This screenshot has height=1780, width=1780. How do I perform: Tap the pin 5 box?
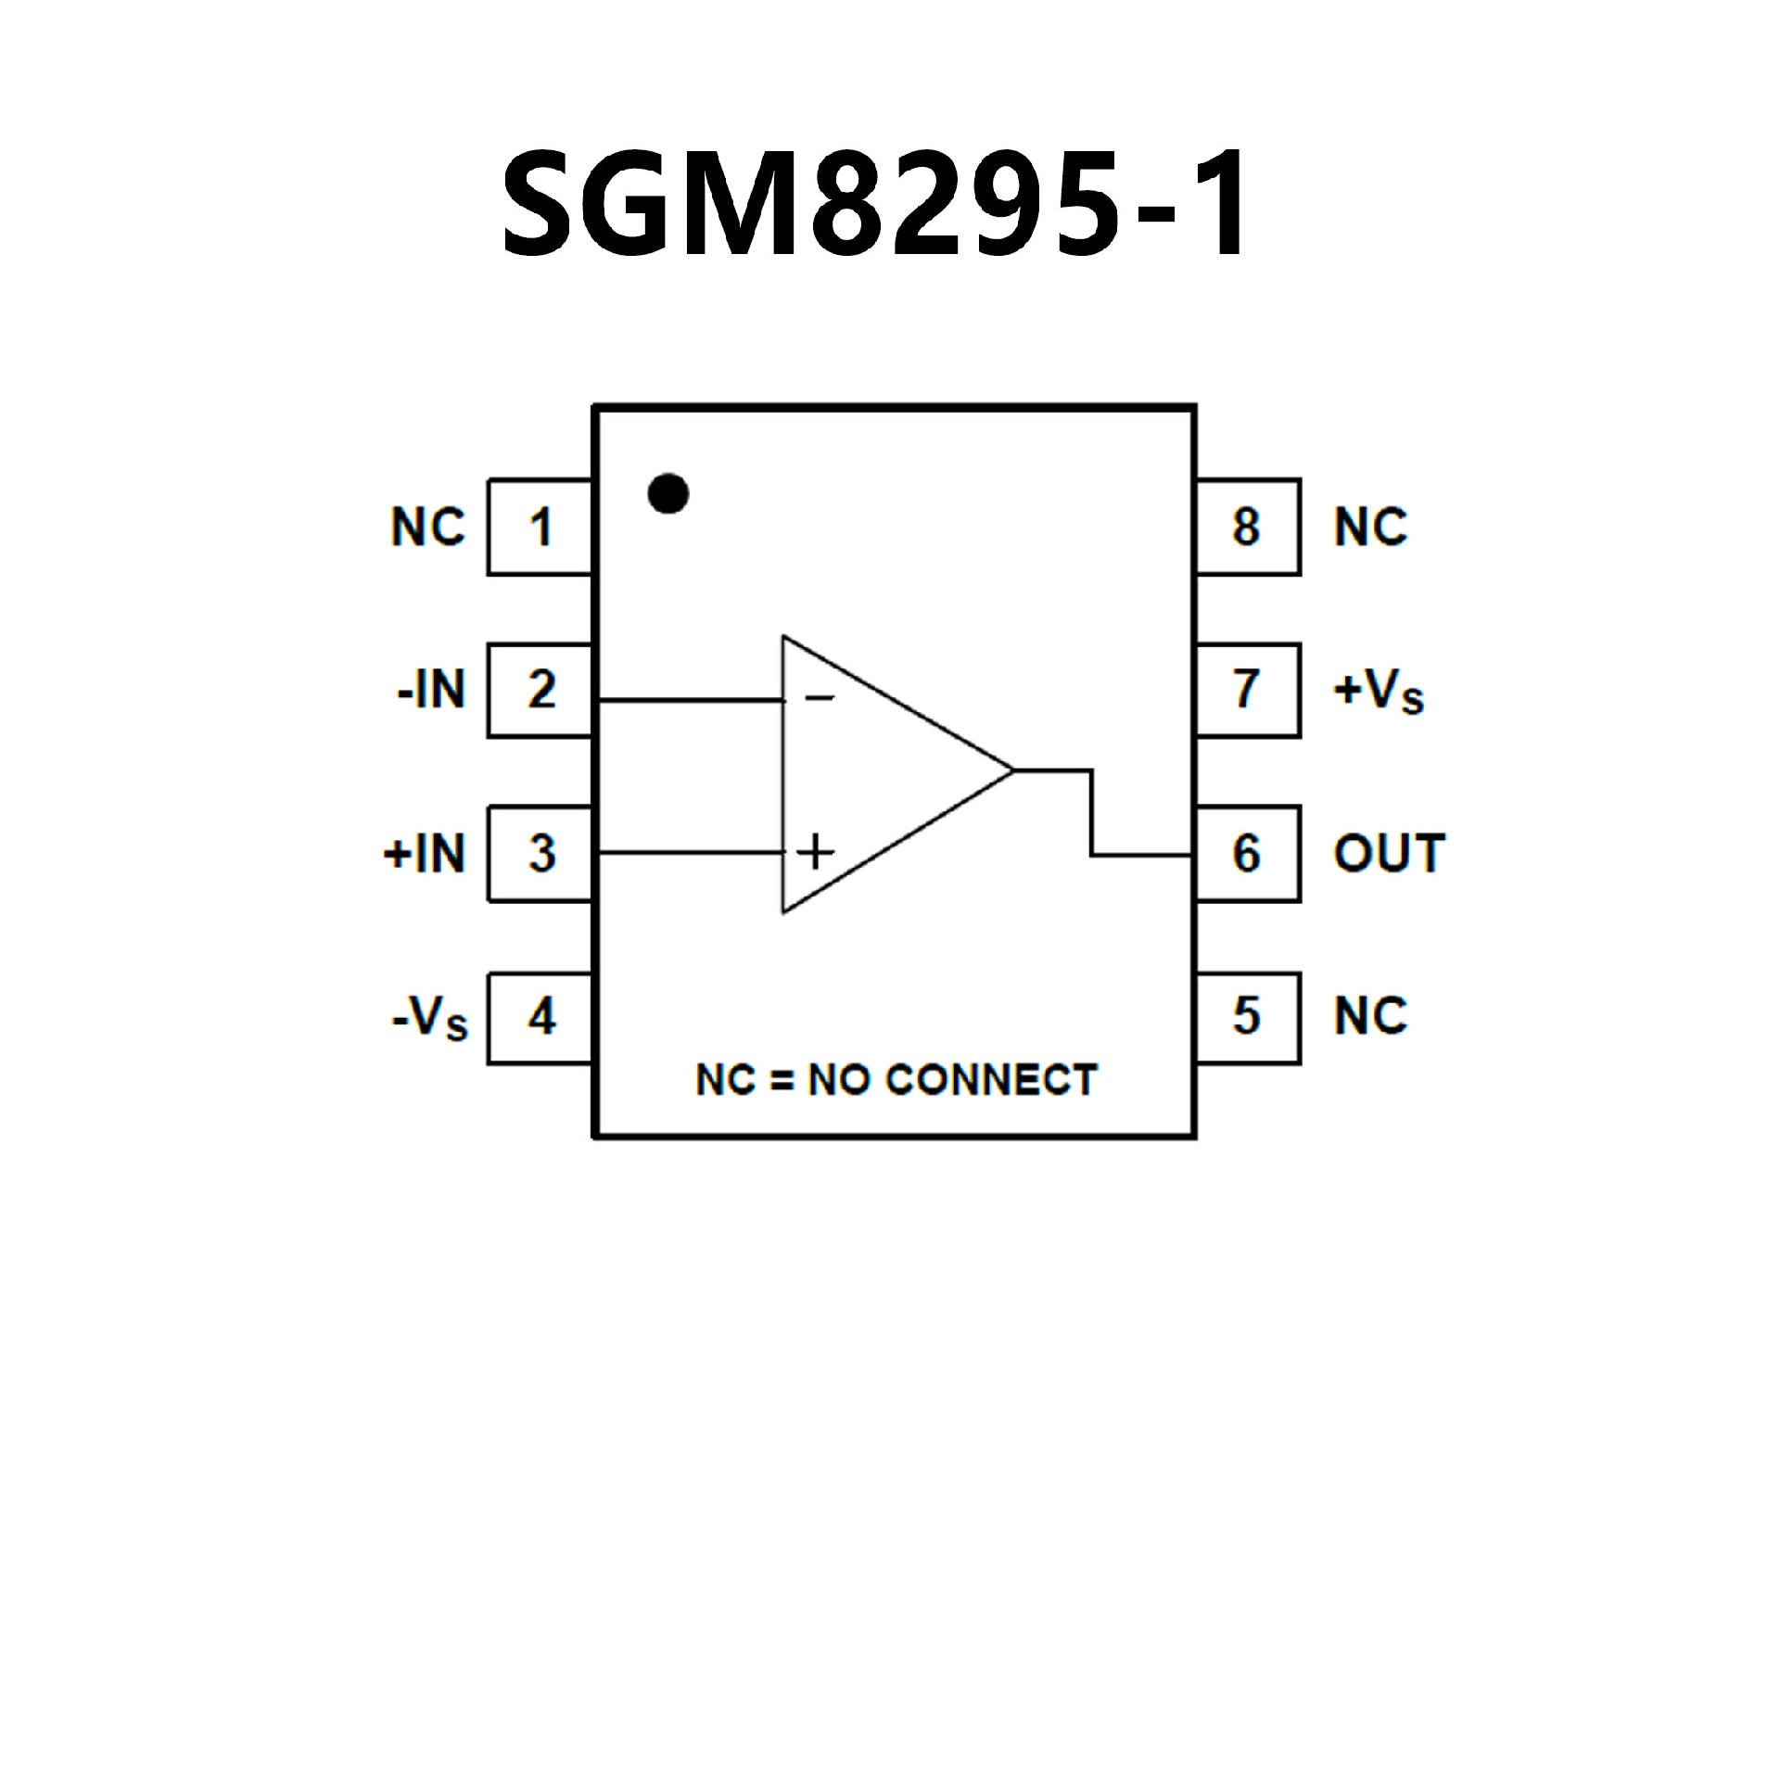pyautogui.click(x=1247, y=1017)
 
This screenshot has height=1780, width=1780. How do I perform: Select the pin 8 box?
pyautogui.click(x=1247, y=528)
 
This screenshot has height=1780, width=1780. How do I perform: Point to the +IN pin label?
pyautogui.click(x=425, y=854)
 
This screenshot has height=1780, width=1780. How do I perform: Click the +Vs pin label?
pyautogui.click(x=1378, y=693)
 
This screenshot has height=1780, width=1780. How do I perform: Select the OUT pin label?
pyautogui.click(x=1389, y=854)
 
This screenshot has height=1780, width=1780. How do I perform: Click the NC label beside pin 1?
pyautogui.click(x=428, y=528)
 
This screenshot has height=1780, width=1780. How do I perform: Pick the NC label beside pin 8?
pyautogui.click(x=1370, y=528)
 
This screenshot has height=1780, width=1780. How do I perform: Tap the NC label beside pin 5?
pyautogui.click(x=1370, y=1017)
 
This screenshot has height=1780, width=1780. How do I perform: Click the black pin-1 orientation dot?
pyautogui.click(x=668, y=493)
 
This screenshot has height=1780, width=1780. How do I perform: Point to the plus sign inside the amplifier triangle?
pyautogui.click(x=815, y=852)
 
